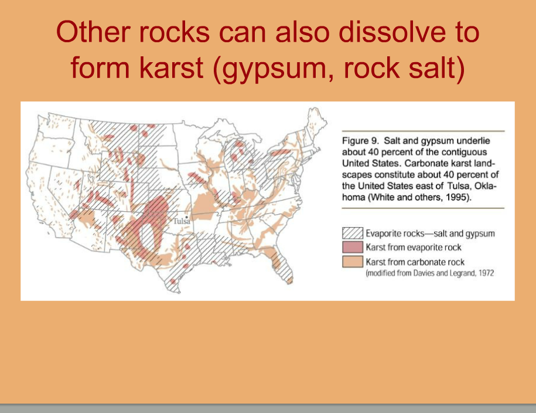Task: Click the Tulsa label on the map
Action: (x=182, y=221)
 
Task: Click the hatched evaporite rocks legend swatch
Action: (x=353, y=233)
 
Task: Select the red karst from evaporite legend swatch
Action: (x=353, y=247)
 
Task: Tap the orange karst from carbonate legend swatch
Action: (x=353, y=262)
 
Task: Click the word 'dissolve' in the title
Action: (x=392, y=32)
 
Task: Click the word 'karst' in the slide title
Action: (x=172, y=67)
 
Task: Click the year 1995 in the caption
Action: (x=457, y=197)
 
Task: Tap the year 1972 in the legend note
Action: (x=486, y=273)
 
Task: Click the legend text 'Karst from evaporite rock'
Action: (x=414, y=247)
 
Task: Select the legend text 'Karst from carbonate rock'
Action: (x=415, y=262)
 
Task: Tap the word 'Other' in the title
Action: (x=93, y=32)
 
